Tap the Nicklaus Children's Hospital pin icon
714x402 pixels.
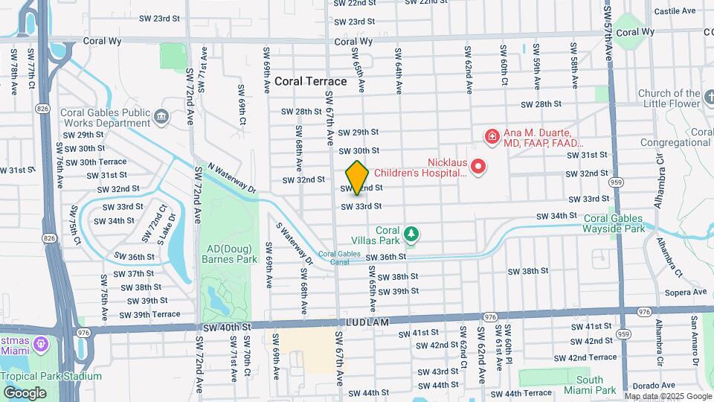tap(479, 166)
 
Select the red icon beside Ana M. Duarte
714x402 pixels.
tap(492, 136)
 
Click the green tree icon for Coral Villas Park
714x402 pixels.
tap(411, 235)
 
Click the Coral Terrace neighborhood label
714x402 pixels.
tap(310, 81)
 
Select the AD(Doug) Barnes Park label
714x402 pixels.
tap(227, 254)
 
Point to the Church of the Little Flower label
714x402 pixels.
tap(669, 99)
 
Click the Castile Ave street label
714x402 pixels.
tap(674, 11)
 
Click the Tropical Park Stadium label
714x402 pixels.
tap(40, 376)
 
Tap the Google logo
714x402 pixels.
tap(25, 392)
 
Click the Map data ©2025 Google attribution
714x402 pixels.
tap(667, 396)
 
